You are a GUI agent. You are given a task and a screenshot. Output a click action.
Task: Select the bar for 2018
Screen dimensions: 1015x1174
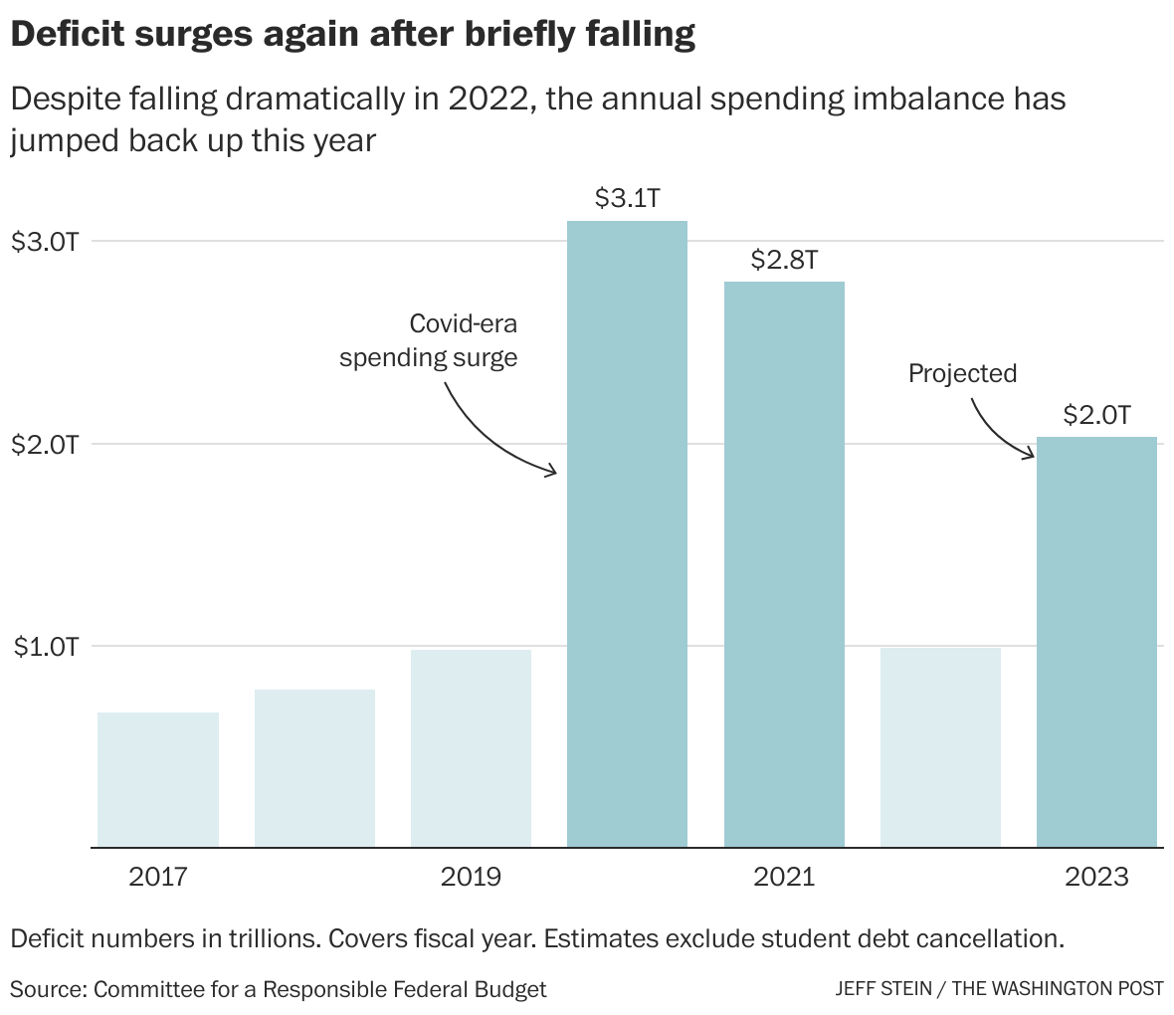click(x=314, y=767)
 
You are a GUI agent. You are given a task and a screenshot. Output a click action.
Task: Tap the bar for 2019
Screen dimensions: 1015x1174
click(x=471, y=747)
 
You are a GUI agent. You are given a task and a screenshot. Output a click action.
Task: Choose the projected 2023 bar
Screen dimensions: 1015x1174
click(x=1096, y=642)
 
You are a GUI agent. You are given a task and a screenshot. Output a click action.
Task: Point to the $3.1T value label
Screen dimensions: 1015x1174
click(x=627, y=198)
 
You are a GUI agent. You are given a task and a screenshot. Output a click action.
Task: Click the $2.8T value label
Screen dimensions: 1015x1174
click(x=784, y=260)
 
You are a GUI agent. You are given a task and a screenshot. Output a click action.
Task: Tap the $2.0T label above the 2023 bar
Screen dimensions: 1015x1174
click(x=1096, y=414)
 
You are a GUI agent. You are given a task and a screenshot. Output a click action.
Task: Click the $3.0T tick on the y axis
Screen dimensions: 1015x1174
click(x=44, y=242)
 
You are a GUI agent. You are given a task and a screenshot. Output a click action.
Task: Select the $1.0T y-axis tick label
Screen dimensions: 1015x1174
click(x=44, y=647)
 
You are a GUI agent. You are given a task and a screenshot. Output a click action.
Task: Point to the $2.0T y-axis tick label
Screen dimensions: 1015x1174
click(x=44, y=445)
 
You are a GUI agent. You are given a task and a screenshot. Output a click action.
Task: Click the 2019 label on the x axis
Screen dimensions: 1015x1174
click(x=471, y=877)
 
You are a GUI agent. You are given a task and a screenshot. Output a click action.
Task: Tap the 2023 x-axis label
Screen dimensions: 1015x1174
click(x=1096, y=877)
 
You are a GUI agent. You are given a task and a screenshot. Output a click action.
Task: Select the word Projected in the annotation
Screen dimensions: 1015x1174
click(x=962, y=373)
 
